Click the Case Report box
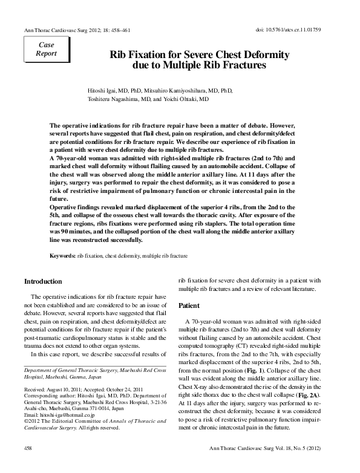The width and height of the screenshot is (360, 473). coord(46,48)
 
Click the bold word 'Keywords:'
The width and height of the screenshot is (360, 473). coord(62,256)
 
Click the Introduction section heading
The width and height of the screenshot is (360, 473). coord(43,282)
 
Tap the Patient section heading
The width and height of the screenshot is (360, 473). coord(189,306)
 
